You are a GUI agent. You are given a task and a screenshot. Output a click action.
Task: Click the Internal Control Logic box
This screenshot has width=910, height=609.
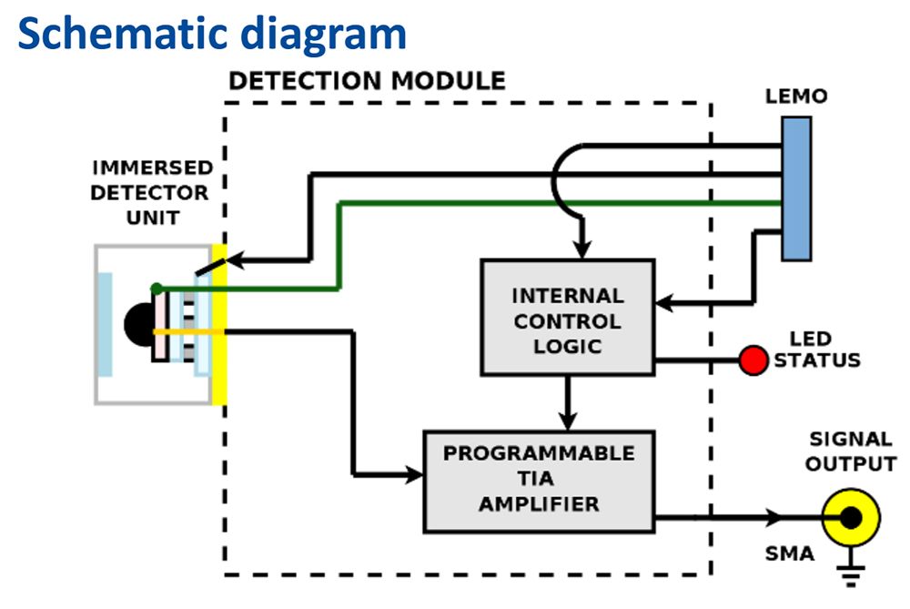tap(567, 317)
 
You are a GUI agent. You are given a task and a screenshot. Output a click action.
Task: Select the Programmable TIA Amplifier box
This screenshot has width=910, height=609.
tap(539, 481)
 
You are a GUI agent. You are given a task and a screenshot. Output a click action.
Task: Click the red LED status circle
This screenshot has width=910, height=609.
tap(753, 360)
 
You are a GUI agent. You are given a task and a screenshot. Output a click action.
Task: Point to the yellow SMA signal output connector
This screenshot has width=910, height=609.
tap(851, 517)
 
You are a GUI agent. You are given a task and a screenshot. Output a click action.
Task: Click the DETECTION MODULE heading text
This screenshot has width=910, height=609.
tap(366, 81)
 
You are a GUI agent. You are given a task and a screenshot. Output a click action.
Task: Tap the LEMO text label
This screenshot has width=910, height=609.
tap(796, 96)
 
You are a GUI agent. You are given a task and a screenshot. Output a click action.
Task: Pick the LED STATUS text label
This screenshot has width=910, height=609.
tap(816, 350)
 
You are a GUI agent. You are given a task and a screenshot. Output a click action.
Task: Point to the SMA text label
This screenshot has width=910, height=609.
tap(788, 553)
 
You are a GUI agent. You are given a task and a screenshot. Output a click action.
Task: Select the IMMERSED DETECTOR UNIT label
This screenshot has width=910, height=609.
tap(150, 193)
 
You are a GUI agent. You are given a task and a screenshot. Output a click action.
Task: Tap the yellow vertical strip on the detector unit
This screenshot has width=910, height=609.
tap(218, 325)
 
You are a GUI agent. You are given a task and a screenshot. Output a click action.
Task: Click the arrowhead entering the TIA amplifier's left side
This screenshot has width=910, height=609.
tap(415, 474)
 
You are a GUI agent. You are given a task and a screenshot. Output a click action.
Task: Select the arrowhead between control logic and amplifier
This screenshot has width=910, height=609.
tap(568, 420)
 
